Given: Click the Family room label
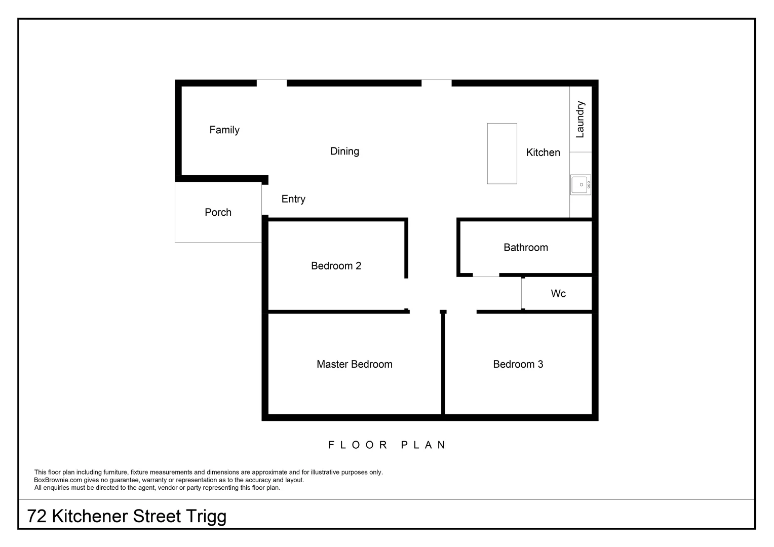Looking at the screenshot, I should pos(224,130).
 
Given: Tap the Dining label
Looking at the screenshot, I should pos(344,151).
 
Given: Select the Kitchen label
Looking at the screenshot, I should pos(543,152).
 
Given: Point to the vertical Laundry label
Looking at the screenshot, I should pos(580,120).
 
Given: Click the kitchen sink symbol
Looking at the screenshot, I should pos(580,185).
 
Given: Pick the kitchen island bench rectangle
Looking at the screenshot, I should pos(502,153).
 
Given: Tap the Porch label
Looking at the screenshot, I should pos(218,213).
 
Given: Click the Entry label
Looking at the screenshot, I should pos(293,199).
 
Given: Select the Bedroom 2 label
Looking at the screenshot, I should pos(336,266).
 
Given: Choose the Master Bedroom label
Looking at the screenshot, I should pos(354,364).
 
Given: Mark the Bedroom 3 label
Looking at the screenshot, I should pos(518,364).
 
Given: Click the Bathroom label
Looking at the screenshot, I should pos(525,248).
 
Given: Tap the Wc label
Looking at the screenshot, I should pos(558,294).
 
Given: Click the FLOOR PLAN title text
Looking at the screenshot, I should pos(388,445).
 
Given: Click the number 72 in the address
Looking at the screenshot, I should pos(37,517).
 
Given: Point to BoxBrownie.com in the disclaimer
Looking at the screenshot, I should pos(58,480).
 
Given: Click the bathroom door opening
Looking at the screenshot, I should pos(486,276).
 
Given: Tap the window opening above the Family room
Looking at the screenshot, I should pos(272,83).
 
